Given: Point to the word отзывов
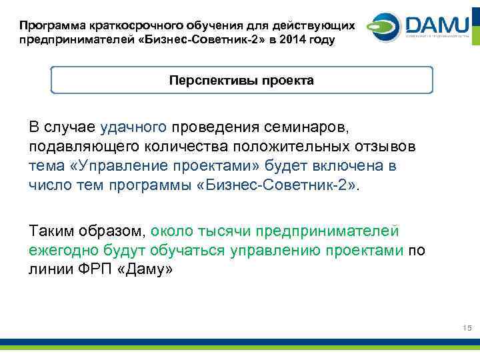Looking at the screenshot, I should click(389, 146).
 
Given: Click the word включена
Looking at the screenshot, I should click(354, 165).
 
